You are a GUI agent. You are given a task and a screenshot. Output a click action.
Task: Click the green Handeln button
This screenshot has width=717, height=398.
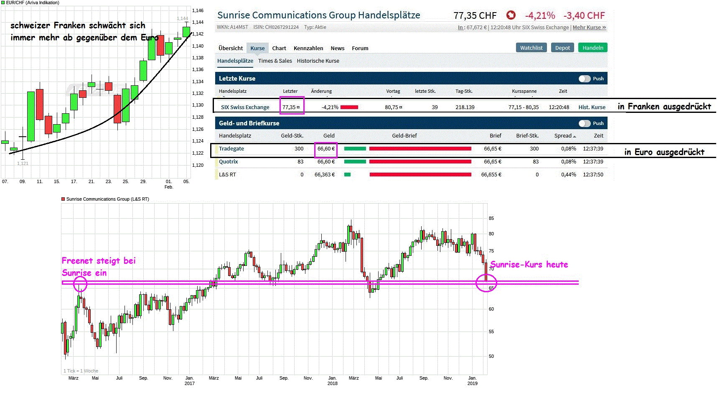coord(592,48)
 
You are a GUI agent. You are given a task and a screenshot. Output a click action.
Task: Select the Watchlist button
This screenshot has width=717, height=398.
coord(531,48)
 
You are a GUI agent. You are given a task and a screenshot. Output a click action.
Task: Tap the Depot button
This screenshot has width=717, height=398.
coord(562,48)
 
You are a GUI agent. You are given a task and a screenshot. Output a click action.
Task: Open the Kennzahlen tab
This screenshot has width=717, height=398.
coord(308,48)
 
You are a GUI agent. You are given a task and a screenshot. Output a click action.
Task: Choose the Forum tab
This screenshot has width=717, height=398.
coord(360,48)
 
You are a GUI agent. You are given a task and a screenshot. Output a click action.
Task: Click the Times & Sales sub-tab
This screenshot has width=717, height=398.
coord(275,61)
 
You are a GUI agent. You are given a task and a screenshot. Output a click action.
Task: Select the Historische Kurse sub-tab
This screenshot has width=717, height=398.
coord(318,61)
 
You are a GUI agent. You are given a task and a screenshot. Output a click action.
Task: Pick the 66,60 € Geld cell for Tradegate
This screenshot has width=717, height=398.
coord(326,148)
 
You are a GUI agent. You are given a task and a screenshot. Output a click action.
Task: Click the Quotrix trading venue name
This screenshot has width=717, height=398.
coord(229,161)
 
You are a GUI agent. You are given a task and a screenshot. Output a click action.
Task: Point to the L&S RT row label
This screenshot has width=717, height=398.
coord(227,174)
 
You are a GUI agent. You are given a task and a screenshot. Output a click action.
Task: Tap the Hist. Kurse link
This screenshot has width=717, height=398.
coord(592,107)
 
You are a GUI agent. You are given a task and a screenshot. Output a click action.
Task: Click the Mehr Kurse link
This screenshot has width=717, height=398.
coord(589,27)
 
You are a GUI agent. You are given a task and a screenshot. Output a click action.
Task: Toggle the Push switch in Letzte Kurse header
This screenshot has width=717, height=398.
coord(585,79)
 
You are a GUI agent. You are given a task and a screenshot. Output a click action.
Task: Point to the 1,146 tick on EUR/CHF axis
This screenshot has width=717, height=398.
coord(198,10)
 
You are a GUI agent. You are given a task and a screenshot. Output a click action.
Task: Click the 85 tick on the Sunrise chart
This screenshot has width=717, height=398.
coord(491,218)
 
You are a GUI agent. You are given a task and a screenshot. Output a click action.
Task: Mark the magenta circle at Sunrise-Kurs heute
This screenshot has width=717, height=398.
coord(486,283)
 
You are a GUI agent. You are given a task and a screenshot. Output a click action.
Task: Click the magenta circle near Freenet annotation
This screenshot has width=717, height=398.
coord(80,284)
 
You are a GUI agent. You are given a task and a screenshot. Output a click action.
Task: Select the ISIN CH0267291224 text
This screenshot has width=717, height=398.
coord(276,27)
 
